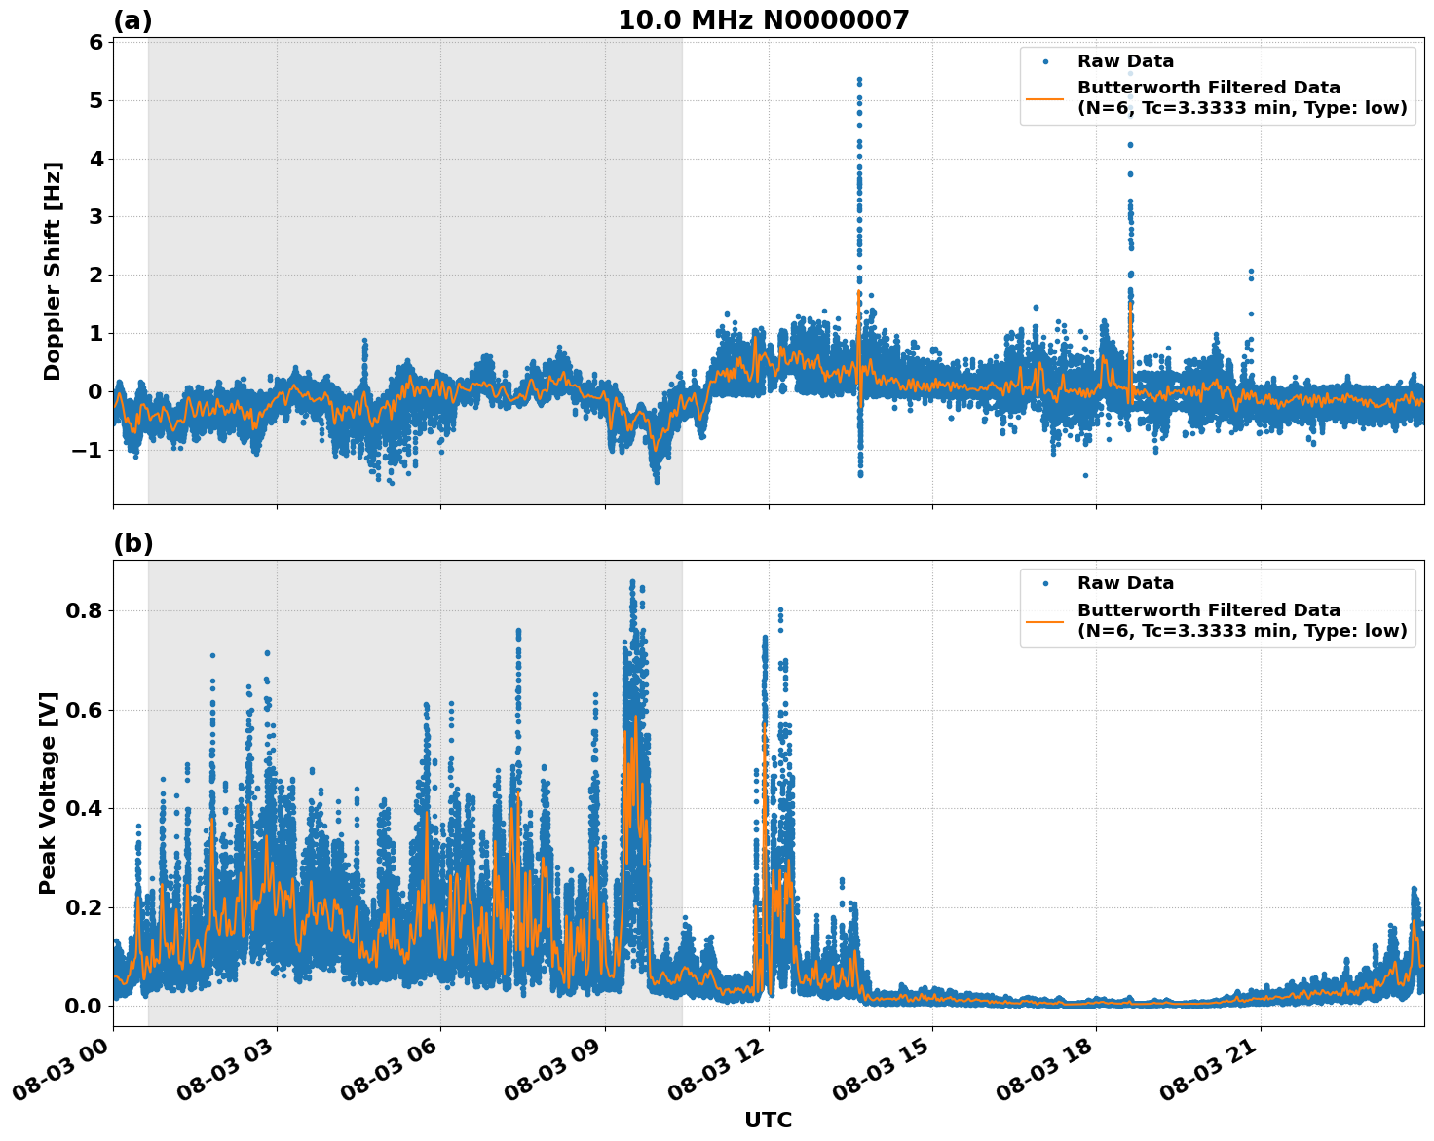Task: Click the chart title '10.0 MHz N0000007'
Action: click(x=763, y=20)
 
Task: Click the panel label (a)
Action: click(x=132, y=20)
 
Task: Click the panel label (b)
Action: click(x=132, y=543)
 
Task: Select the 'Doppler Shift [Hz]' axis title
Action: click(x=53, y=271)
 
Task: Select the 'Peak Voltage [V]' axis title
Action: click(x=48, y=792)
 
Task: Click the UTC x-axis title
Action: click(x=768, y=1120)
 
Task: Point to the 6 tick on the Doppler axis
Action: click(x=95, y=43)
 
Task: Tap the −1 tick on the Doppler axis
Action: click(x=88, y=450)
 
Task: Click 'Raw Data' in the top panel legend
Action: click(x=1125, y=62)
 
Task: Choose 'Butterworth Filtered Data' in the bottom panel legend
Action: click(x=1208, y=610)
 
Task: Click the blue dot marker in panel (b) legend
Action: click(x=1045, y=584)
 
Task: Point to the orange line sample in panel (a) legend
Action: click(x=1045, y=97)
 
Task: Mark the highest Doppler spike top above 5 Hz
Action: click(x=859, y=79)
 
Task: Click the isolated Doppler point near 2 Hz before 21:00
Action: click(x=1251, y=272)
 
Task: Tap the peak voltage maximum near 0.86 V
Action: click(x=632, y=582)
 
